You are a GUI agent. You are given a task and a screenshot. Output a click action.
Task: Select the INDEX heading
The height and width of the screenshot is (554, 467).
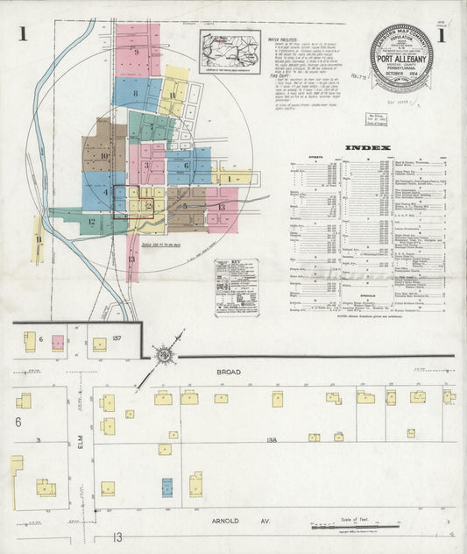coord(363,147)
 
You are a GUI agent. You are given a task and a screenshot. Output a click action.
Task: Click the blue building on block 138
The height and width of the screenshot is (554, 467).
coord(166,487)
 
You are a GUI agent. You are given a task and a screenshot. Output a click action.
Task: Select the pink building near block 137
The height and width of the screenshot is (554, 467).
coord(58,343)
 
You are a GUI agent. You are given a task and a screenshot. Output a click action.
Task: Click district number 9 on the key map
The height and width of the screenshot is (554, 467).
coord(137,52)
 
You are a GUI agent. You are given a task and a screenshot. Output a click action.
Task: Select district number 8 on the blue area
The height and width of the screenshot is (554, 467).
coord(136,93)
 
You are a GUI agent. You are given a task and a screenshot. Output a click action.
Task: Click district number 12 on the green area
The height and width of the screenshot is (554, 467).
coord(92,222)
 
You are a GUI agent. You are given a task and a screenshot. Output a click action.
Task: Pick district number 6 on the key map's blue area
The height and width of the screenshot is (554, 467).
coord(187,165)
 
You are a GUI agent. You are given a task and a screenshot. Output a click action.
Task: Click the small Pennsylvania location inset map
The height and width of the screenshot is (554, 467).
coord(230,52)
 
